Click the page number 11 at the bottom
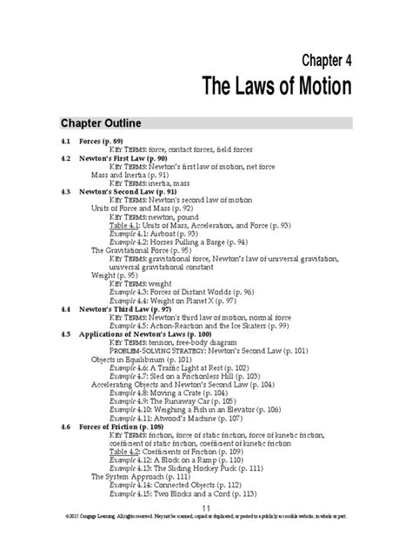pos(206,532)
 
